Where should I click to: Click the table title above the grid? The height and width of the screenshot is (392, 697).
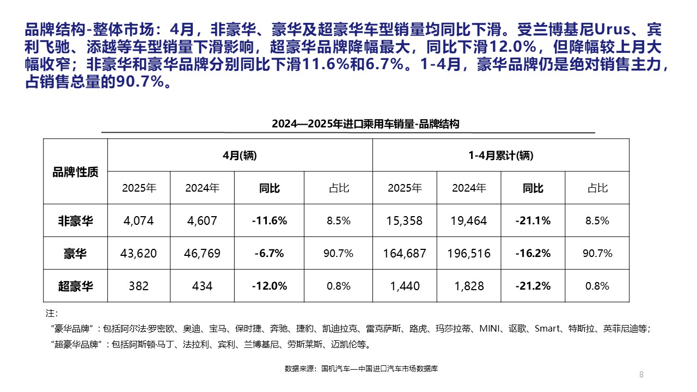365,124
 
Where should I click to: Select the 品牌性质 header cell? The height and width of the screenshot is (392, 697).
75,172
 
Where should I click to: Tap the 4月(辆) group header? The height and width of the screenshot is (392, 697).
240,155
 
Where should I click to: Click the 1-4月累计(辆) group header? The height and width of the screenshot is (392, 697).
501,155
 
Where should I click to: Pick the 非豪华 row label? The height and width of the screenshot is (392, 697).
75,220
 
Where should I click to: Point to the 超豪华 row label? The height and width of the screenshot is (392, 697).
75,286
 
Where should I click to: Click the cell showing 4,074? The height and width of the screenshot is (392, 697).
139,220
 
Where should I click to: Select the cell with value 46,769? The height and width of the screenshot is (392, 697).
202,253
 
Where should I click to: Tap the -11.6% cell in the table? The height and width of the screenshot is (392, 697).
270,220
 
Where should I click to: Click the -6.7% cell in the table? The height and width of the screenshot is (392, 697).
270,253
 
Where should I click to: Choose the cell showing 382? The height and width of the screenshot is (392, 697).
139,286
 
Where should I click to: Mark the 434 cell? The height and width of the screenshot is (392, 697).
202,286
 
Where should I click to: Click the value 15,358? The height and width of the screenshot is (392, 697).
405,220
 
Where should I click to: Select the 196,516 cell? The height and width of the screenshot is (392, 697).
469,253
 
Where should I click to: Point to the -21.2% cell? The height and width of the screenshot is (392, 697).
533,286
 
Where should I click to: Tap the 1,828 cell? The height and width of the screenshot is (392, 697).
469,286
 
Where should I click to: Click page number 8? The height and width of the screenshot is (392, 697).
641,374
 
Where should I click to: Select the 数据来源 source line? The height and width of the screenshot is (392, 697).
361,369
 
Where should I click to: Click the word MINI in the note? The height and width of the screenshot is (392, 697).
490,328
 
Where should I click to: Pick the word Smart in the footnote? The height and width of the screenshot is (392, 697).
547,328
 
